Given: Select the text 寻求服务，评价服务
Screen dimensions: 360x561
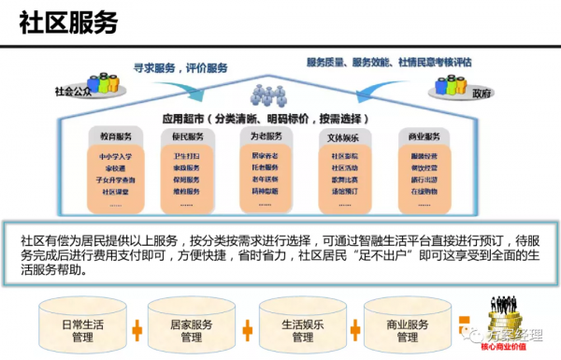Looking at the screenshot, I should (x=180, y=67).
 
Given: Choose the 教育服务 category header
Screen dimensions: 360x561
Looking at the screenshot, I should (x=117, y=136).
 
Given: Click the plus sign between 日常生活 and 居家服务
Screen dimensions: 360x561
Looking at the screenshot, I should (x=137, y=330).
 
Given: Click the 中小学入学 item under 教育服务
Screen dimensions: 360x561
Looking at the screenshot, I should (x=117, y=156).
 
